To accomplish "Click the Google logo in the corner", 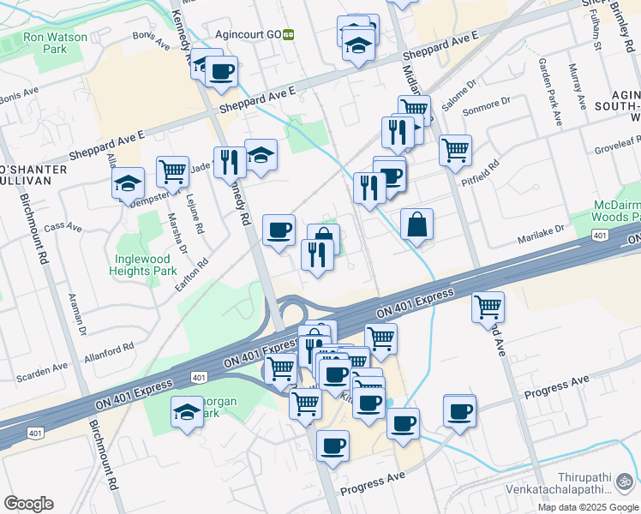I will tap(28, 504).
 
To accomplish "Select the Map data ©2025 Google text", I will tap(588, 507).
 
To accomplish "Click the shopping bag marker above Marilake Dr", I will tap(416, 225).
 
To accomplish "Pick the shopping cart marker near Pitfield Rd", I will tap(455, 150).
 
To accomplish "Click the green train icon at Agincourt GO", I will tap(290, 34).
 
